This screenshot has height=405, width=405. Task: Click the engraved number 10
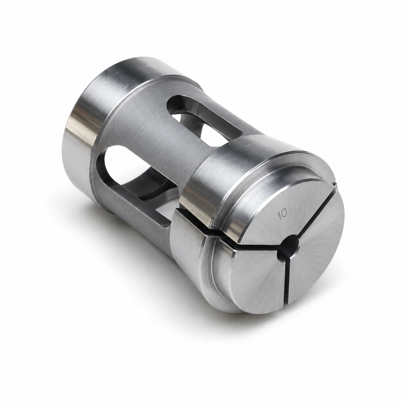click(282, 214)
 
